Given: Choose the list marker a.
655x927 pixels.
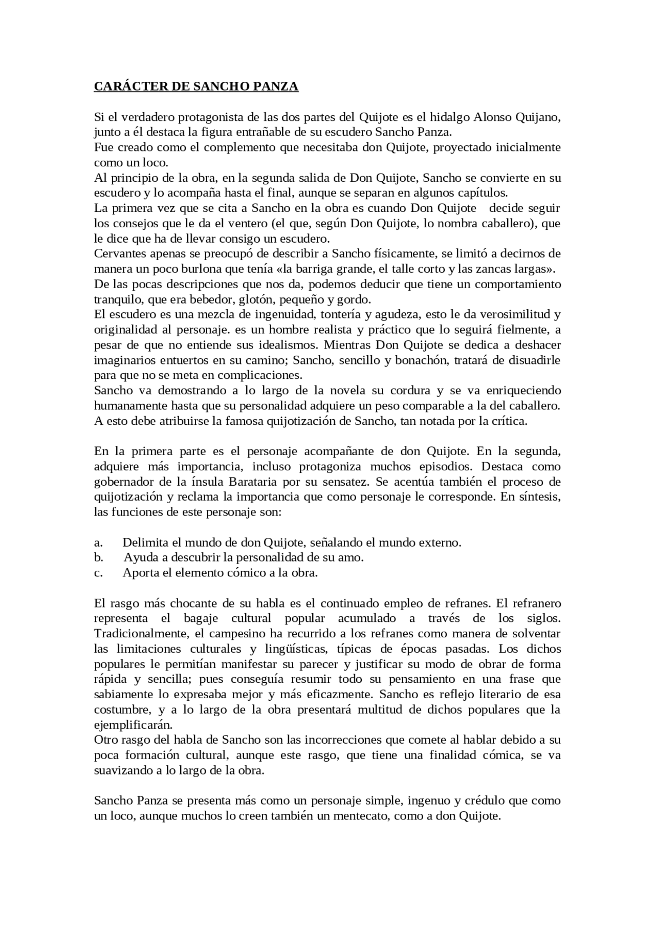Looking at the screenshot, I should pos(98,543).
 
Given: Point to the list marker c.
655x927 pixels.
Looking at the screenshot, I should pos(98,573).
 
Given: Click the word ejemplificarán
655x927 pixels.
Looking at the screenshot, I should pos(133,725).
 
